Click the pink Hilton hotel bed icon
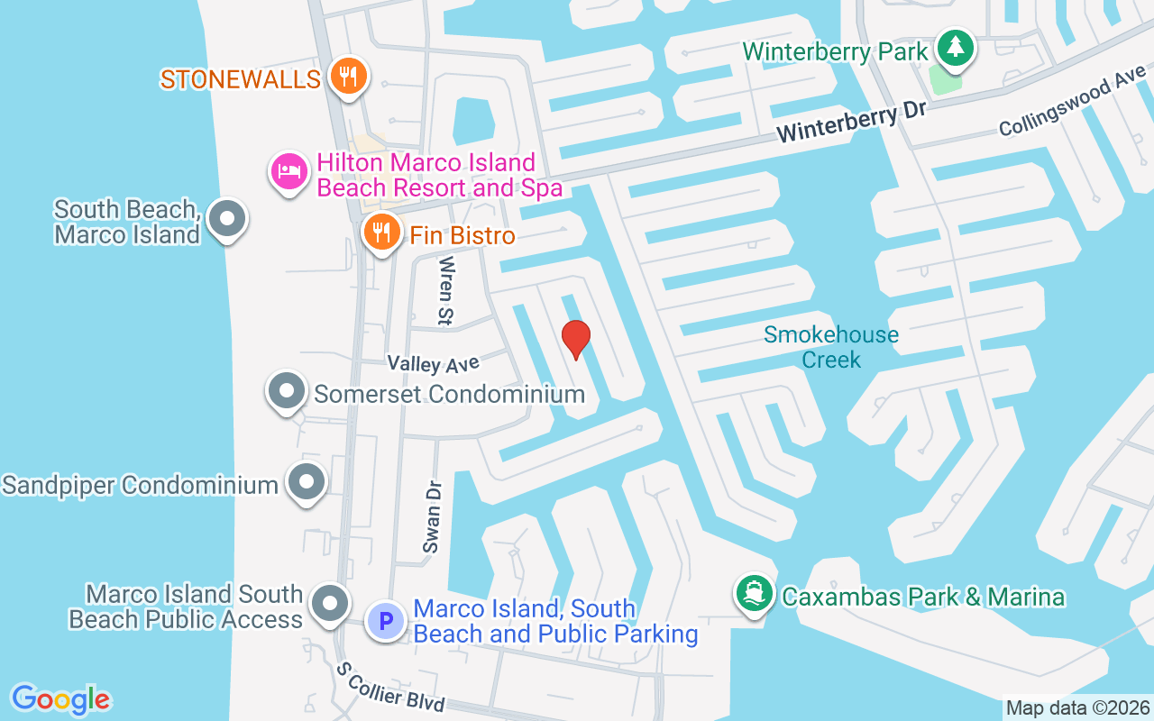pyautogui.click(x=288, y=171)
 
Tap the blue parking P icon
pyautogui.click(x=386, y=621)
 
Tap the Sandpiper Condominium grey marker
pyautogui.click(x=307, y=482)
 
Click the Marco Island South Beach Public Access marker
pyautogui.click(x=330, y=604)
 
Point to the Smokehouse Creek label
pyautogui.click(x=830, y=347)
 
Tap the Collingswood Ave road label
pyautogui.click(x=1072, y=105)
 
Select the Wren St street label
pyautogui.click(x=446, y=290)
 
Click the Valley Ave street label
pyautogui.click(x=433, y=363)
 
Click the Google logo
pyautogui.click(x=60, y=698)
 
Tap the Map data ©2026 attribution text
pyautogui.click(x=1077, y=707)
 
